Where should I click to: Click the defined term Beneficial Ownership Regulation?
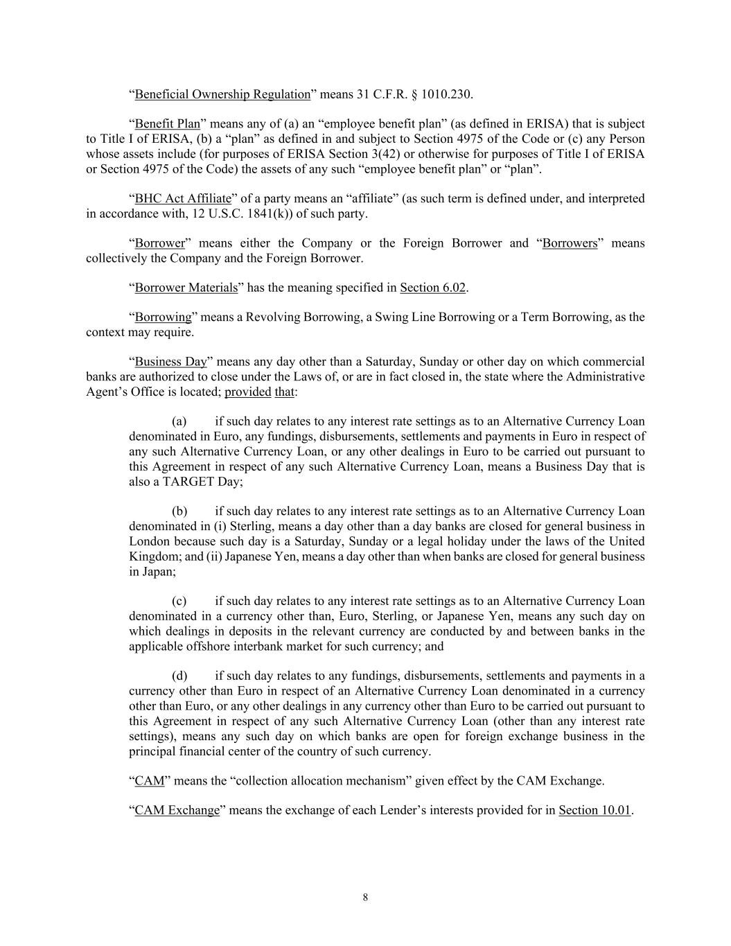222,94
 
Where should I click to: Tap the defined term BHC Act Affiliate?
183,199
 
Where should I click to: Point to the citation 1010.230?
451,94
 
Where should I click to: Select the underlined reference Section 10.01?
595,810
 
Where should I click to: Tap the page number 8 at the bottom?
365,897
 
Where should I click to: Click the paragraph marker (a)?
179,421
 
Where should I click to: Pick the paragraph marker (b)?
179,511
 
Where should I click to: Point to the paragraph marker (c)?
179,602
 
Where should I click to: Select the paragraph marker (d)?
179,676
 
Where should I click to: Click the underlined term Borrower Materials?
186,288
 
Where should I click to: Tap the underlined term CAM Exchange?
177,810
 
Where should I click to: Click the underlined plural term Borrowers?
570,243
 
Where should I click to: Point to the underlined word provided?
248,392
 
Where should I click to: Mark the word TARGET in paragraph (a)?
189,482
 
